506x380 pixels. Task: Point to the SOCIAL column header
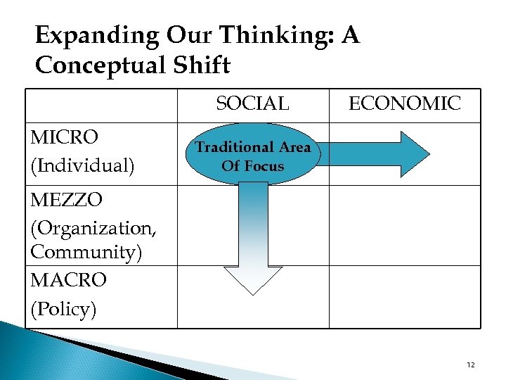252,104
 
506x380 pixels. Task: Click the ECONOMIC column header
405,104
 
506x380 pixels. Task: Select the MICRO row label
65,137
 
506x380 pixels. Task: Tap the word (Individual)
82,166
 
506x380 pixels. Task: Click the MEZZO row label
67,201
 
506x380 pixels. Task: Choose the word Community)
86,252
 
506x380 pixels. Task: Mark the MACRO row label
69,280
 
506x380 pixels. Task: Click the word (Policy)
64,308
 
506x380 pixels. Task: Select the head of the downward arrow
252,279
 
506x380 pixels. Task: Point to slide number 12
470,365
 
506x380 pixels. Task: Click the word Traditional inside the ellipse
234,148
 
